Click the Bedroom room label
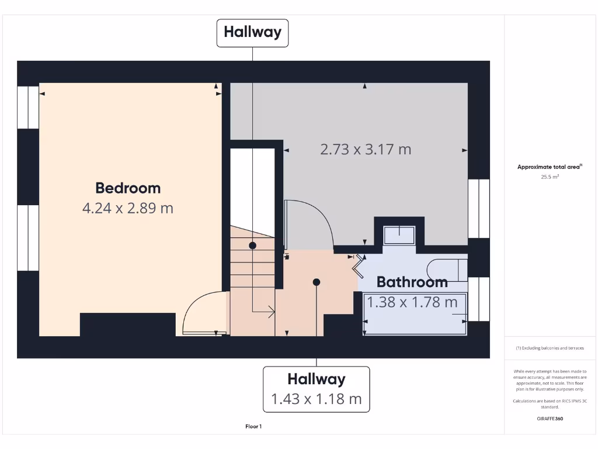tap(128, 188)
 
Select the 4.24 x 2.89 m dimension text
tap(128, 208)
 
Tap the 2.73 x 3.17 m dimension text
tap(366, 149)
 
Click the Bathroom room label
tap(412, 282)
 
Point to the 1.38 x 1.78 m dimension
tap(412, 302)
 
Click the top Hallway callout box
tap(252, 32)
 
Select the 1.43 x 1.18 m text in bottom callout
tap(317, 399)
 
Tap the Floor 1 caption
tap(253, 427)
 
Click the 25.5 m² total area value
tap(550, 176)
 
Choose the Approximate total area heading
tap(550, 167)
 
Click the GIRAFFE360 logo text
tap(550, 419)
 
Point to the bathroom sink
tap(400, 234)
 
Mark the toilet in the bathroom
tap(446, 270)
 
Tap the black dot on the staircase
tap(252, 246)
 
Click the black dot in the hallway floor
tap(317, 282)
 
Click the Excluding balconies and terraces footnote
tap(550, 348)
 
